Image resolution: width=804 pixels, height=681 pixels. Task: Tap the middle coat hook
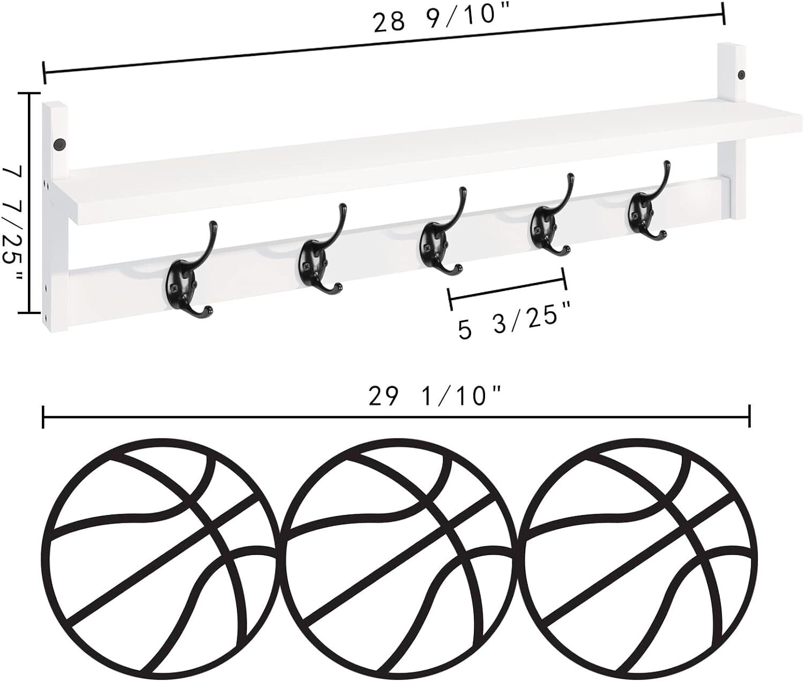click(438, 238)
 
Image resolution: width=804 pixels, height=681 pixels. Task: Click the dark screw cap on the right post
click(742, 74)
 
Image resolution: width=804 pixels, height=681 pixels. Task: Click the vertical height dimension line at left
click(29, 203)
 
